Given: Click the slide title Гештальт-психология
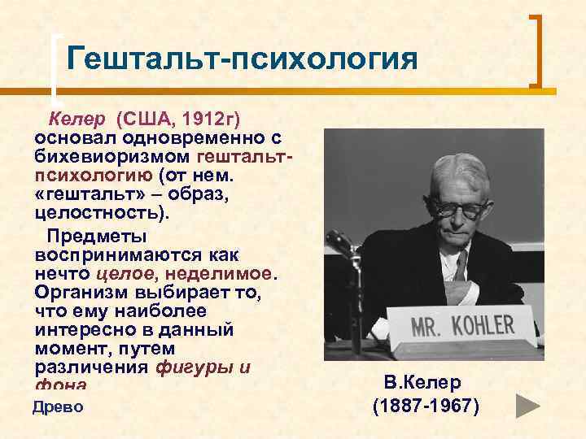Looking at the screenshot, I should (x=242, y=58).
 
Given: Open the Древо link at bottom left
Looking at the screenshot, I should (x=58, y=406).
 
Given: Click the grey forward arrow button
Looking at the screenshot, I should (x=529, y=404).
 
